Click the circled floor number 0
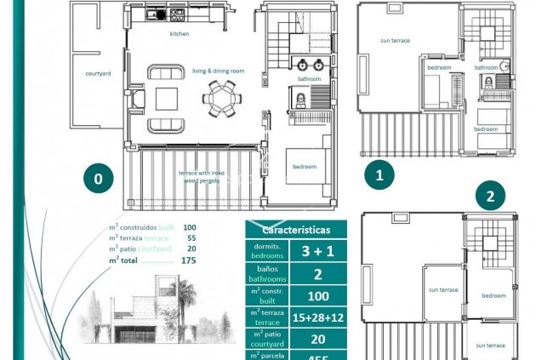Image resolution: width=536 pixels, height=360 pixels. click(100, 179)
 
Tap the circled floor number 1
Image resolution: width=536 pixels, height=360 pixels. click(380, 175)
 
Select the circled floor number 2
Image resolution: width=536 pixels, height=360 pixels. click(490, 197)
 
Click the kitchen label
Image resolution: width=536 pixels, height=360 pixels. click(180, 34)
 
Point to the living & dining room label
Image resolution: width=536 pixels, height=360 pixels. click(218, 71)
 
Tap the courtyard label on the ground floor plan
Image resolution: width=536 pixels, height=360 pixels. click(98, 73)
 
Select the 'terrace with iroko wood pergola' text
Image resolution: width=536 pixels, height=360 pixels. click(201, 176)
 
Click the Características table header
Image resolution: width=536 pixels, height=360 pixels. click(296, 230)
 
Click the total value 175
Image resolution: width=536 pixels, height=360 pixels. click(188, 260)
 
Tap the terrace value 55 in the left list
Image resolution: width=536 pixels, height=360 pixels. click(190, 238)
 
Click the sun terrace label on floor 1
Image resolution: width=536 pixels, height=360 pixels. click(396, 40)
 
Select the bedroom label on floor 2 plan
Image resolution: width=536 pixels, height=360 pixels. click(493, 295)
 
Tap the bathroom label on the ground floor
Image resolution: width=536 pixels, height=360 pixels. click(309, 79)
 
